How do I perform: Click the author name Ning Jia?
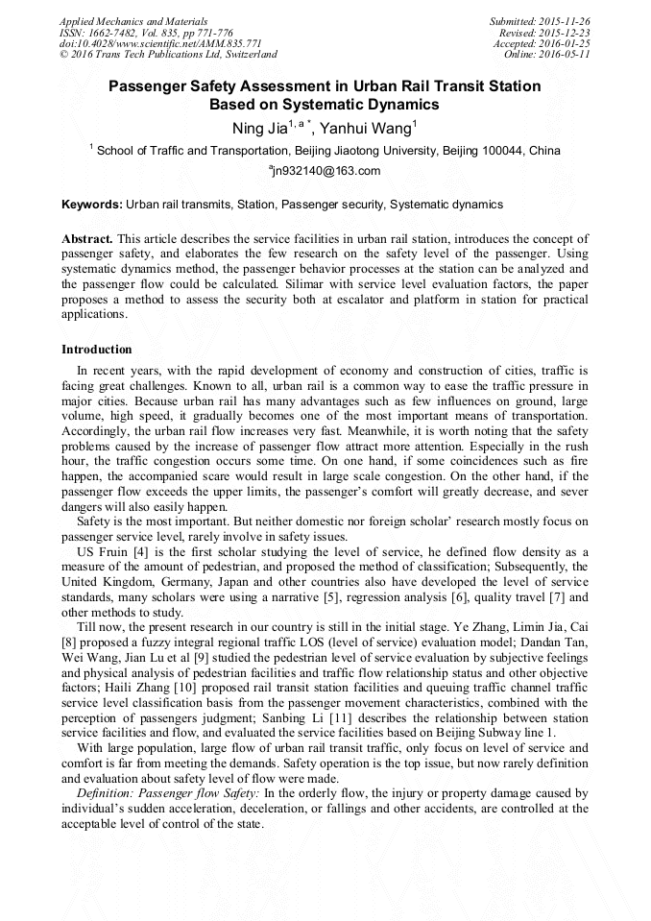click(258, 128)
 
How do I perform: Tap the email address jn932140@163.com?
click(327, 172)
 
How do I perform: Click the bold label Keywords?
click(92, 205)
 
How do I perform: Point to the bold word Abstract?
click(87, 237)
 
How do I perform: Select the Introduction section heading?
click(97, 349)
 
